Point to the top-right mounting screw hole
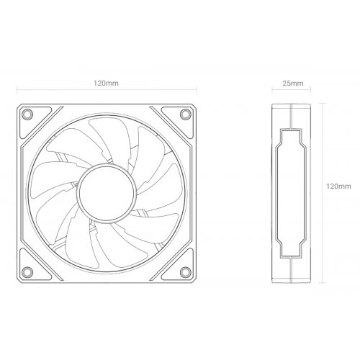(x=185, y=114)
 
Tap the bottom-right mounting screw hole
(x=185, y=271)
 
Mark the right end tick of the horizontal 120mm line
(x=197, y=92)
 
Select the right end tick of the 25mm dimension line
(x=311, y=92)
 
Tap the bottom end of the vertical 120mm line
(x=320, y=282)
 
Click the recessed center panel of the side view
(x=292, y=192)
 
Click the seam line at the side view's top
(x=292, y=107)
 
